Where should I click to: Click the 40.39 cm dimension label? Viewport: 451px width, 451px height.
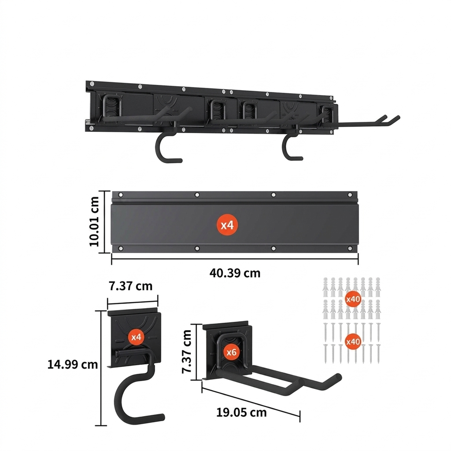(x=235, y=273)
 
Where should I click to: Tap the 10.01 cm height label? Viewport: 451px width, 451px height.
(x=94, y=222)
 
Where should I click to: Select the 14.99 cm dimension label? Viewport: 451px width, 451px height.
(x=72, y=364)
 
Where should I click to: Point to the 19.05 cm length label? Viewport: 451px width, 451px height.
(x=241, y=413)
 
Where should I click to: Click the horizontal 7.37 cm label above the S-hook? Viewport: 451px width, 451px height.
(x=130, y=286)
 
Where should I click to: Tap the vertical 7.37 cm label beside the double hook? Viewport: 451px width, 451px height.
(x=187, y=351)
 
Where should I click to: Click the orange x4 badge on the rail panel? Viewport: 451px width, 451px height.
(x=227, y=225)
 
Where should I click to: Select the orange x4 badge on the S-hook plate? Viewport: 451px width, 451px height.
(x=137, y=337)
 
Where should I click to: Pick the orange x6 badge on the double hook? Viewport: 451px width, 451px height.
(x=232, y=352)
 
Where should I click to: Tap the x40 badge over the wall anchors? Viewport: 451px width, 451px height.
(x=353, y=299)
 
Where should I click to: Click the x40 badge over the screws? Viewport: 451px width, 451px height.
(x=353, y=342)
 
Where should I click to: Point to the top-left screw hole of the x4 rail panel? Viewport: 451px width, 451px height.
(x=121, y=195)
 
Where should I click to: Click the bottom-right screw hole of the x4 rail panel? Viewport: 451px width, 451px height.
(x=350, y=249)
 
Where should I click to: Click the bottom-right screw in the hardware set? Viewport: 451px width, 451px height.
(x=378, y=354)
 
